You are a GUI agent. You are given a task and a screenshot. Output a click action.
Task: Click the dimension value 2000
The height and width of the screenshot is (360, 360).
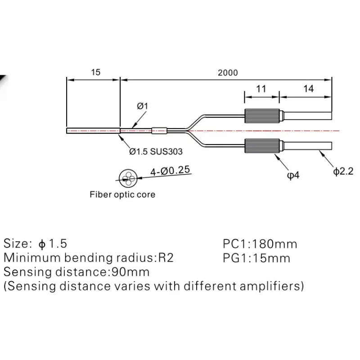coord(228,72)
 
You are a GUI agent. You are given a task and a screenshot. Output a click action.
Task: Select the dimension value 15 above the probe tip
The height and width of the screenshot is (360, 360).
coord(95,72)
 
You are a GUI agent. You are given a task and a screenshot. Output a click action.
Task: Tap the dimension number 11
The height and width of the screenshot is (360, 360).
coord(261,89)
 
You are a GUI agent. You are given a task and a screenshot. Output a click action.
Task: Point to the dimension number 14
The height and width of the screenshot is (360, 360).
coord(308,89)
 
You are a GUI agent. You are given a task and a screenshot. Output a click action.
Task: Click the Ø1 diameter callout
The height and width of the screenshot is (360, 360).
coord(142,106)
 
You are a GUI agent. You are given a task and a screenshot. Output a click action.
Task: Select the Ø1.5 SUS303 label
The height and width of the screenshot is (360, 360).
coord(156,152)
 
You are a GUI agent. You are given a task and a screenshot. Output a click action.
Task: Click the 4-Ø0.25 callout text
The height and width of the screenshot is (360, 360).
coord(170,171)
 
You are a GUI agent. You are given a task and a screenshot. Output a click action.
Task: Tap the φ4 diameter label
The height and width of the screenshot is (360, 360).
coord(293,175)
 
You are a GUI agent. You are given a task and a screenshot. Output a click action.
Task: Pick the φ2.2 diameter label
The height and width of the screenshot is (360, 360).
coord(343,171)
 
